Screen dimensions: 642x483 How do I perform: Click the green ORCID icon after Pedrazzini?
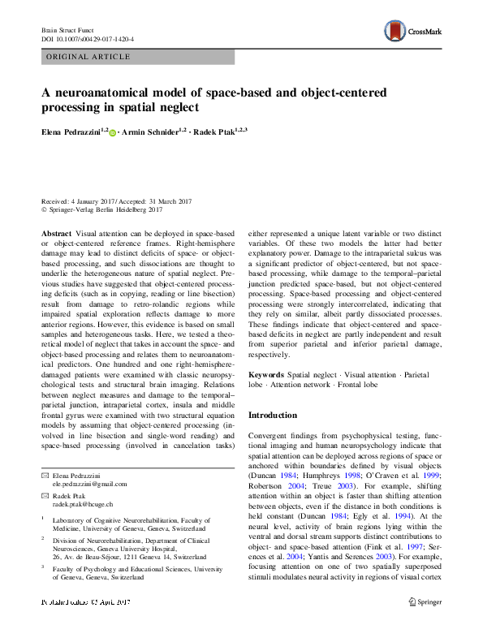tap(113, 131)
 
